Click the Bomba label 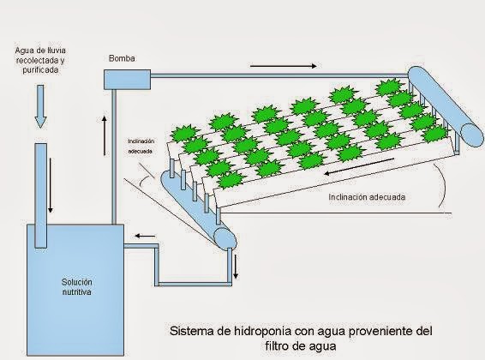point(122,58)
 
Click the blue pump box point(127,80)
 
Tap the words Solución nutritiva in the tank point(77,287)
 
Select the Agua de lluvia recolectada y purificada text point(40,60)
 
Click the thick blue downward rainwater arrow point(40,106)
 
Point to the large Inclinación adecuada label point(367,197)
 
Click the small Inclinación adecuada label point(141,147)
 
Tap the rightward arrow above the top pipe point(284,66)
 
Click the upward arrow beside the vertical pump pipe point(105,135)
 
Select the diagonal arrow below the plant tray point(359,166)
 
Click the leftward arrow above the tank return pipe point(145,237)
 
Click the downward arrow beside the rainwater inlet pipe point(50,185)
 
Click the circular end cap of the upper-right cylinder point(472,135)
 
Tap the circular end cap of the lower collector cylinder point(225,238)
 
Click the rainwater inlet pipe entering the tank point(40,195)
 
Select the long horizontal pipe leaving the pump point(279,75)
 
